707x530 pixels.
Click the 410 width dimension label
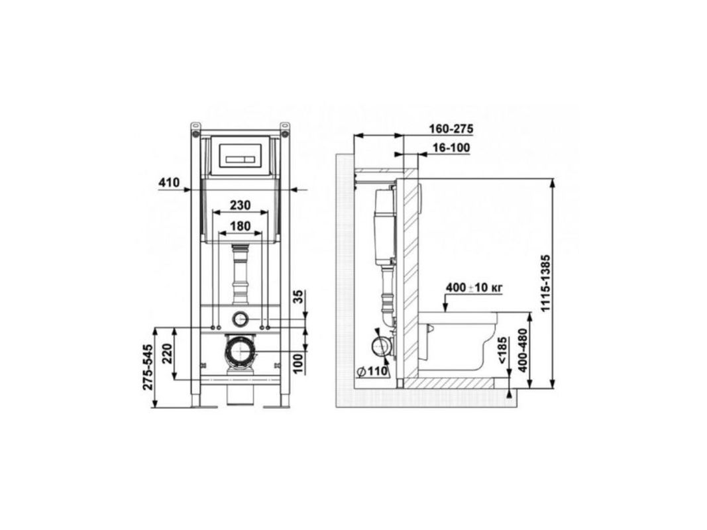click(169, 183)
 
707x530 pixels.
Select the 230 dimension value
click(241, 205)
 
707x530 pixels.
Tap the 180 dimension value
click(241, 226)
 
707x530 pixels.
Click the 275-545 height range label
click(148, 367)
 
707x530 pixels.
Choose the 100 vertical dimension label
click(298, 363)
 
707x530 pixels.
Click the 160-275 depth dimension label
click(451, 129)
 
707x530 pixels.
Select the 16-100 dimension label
click(451, 148)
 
